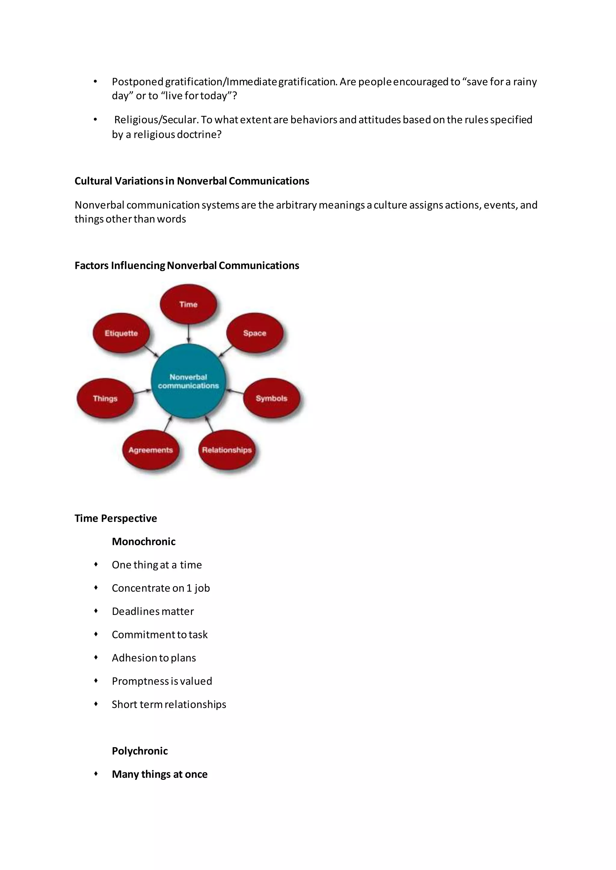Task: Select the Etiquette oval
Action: point(121,333)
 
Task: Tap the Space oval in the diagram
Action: point(254,333)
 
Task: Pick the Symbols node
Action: point(271,398)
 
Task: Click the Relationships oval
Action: point(226,450)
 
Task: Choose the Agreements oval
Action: point(151,450)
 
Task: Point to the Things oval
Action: point(105,398)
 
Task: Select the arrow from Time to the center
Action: point(189,334)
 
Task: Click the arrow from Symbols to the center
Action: point(235,391)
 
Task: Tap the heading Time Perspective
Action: point(116,518)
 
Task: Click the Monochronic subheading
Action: point(143,541)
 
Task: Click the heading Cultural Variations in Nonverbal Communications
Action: point(192,181)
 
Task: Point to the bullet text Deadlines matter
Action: point(153,611)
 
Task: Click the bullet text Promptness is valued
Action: point(162,681)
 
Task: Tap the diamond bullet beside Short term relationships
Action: point(96,704)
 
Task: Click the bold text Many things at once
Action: point(160,774)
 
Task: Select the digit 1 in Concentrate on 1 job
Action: point(189,588)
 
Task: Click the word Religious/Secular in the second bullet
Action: point(156,120)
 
